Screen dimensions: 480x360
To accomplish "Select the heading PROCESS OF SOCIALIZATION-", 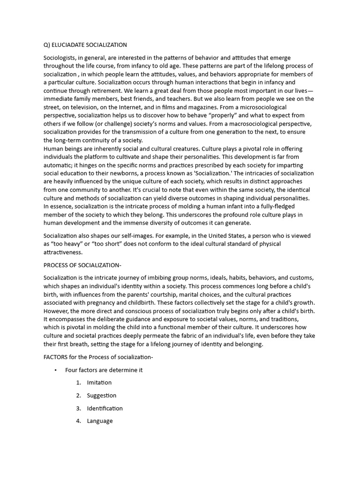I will tap(82, 265).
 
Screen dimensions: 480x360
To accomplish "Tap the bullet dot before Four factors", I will tap(55, 370).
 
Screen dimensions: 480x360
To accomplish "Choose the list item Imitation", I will tap(99, 382).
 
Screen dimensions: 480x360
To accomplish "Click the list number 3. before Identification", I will tap(79, 408).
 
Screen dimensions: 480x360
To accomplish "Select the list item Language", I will tap(99, 421).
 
